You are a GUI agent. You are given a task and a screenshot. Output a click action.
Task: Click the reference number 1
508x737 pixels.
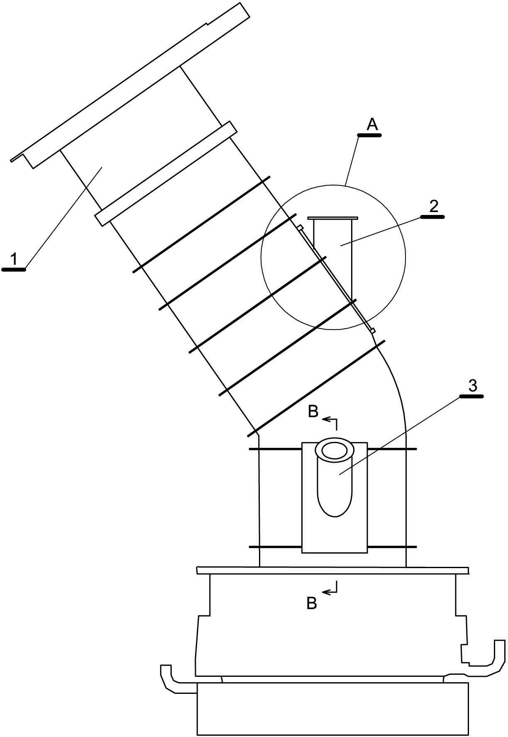14,259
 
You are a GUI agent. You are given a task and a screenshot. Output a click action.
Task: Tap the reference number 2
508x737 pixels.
433,207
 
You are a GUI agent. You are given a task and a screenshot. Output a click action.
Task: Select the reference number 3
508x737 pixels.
472,386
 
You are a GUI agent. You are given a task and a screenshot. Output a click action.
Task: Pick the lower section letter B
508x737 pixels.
312,603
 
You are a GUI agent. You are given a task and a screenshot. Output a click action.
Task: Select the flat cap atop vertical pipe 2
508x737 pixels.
332,218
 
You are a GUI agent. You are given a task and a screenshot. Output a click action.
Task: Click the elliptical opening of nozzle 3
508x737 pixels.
334,450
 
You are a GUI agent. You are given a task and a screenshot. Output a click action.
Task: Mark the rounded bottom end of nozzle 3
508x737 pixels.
335,506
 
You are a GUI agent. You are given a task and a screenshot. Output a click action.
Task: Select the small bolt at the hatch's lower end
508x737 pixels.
373,330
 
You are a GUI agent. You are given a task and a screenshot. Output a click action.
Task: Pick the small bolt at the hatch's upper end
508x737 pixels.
299,227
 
